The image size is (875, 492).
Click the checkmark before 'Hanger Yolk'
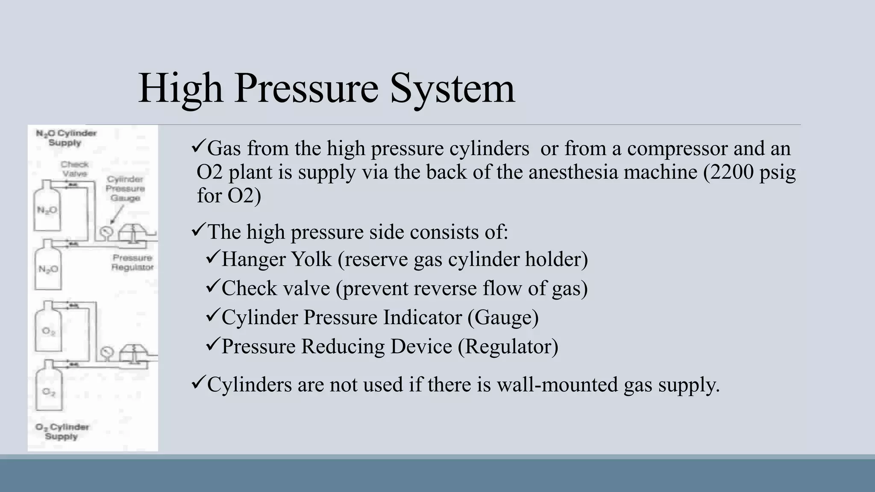click(x=212, y=258)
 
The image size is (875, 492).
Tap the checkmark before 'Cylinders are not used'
click(x=198, y=383)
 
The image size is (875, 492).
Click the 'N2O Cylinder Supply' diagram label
click(x=66, y=138)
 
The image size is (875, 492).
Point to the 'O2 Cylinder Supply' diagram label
click(x=62, y=431)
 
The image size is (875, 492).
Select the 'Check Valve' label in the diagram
click(x=74, y=169)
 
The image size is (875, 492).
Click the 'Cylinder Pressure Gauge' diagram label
click(x=125, y=188)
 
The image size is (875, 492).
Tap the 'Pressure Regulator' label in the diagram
click(x=132, y=262)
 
